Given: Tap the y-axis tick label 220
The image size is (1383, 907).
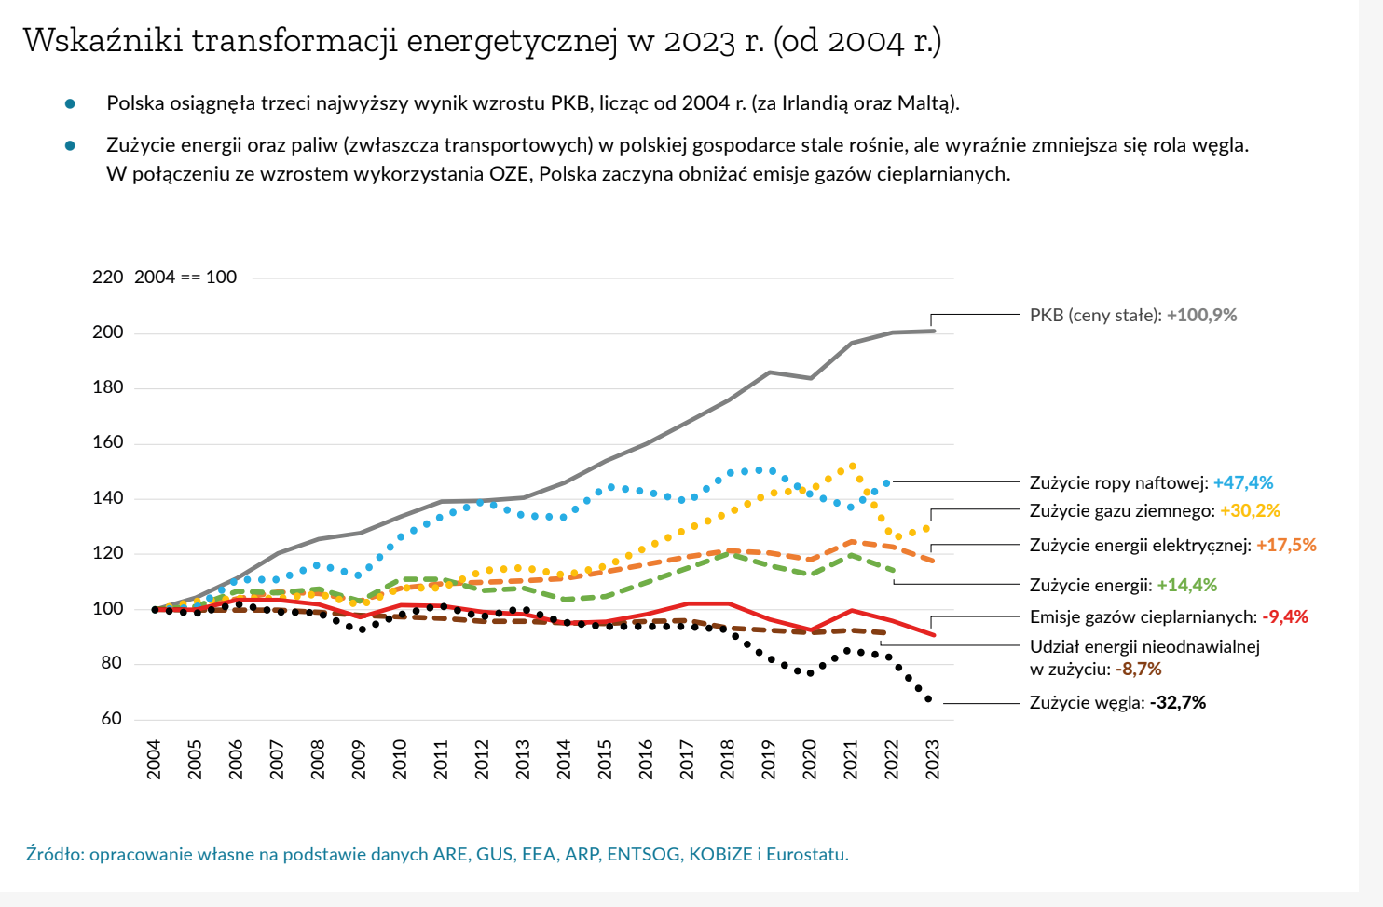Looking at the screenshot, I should pos(107,277).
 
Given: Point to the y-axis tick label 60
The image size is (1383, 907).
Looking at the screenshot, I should pos(112,718).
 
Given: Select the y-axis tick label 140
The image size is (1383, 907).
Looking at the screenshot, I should pos(107,497).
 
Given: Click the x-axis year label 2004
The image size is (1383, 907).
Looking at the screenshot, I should pos(154,759).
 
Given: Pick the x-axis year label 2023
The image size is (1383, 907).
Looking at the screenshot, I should pos(932,759).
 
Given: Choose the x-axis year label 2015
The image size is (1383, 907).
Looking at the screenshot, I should pos(605,759).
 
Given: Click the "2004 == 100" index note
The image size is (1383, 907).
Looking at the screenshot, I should pos(185,277).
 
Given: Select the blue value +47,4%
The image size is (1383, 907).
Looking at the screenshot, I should pos(1242,482).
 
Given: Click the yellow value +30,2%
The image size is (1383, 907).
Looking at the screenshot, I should pos(1250,510).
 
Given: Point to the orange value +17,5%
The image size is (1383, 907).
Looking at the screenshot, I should pos(1286,545).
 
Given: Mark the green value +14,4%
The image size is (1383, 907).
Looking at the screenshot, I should pos(1186,585).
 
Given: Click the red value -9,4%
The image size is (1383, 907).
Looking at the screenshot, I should pos(1285,616).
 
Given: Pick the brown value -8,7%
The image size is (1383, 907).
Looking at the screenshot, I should pos(1139,669).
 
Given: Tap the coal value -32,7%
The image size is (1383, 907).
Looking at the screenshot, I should pos(1178,702).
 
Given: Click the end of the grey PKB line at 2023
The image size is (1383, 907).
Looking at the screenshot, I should pos(933,331).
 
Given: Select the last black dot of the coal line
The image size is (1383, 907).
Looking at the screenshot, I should pos(928,698).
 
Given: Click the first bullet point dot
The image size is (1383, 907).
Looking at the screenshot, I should pos(70,103).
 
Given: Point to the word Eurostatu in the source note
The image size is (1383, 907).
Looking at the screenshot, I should pos(807,854).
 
